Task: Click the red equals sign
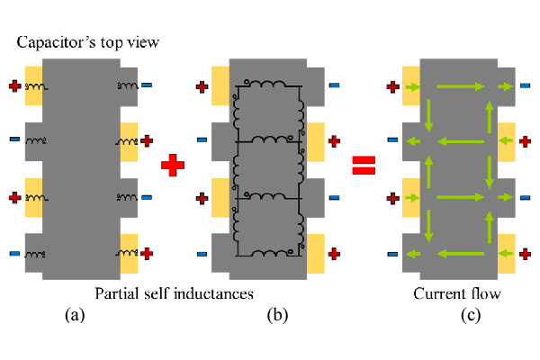point(364,166)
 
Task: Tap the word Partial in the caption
point(117,293)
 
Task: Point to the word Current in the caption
point(437,293)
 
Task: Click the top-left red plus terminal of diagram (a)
point(14,86)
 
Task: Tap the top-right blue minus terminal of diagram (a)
point(147,86)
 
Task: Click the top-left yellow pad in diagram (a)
point(34,86)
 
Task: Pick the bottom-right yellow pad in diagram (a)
point(129,253)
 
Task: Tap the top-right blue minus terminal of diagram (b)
point(334,86)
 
